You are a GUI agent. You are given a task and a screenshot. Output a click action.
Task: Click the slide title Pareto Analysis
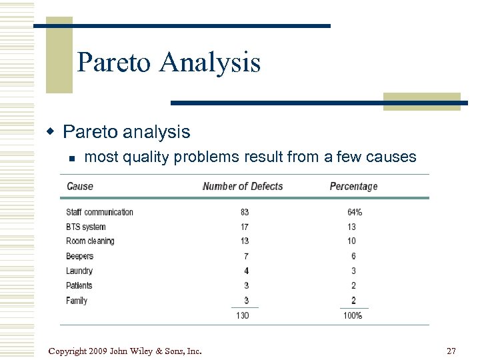point(168,63)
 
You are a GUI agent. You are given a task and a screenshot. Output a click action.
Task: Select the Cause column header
point(80,187)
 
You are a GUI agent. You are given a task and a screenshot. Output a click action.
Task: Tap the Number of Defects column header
point(243,187)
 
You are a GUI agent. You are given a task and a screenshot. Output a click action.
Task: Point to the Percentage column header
point(353,187)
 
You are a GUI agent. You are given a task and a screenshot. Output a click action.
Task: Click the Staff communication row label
point(99,212)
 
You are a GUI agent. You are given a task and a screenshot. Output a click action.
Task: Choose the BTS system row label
point(85,227)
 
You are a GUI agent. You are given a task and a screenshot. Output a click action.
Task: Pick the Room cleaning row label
point(90,241)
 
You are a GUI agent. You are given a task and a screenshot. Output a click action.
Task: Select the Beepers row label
point(79,256)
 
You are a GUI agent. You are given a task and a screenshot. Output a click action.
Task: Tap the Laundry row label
point(79,271)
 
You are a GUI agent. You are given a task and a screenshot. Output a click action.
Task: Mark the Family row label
point(77,301)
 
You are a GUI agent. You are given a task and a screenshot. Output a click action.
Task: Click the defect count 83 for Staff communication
point(245,212)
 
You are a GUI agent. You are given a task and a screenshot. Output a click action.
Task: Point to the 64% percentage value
point(354,212)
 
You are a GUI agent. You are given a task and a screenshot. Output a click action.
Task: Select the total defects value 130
point(243,315)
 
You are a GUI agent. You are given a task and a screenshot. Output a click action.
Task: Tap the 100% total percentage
point(353,315)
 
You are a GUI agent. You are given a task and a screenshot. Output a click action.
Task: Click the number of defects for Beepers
point(246,256)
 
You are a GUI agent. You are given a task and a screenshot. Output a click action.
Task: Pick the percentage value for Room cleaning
point(351,241)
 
